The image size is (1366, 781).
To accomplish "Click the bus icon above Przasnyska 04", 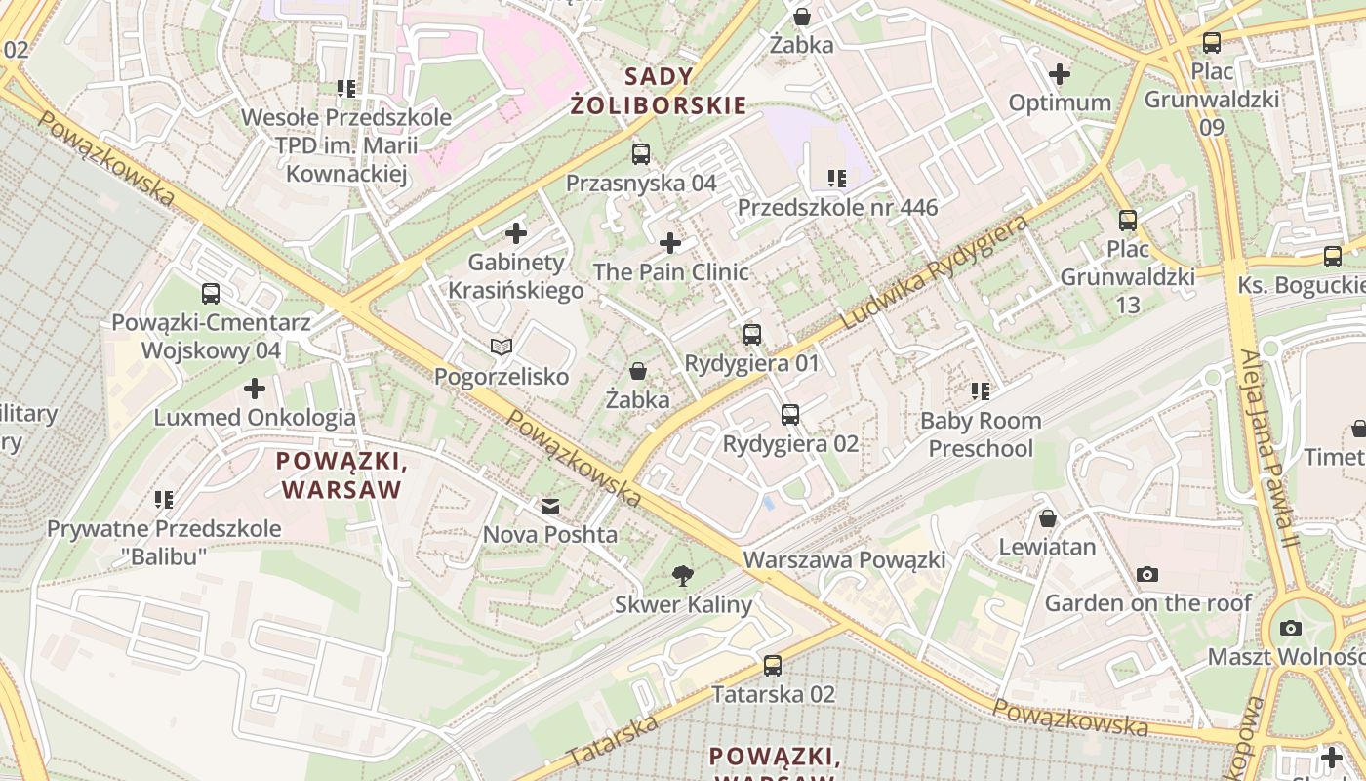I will click(641, 153).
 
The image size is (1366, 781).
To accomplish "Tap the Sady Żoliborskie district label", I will click(659, 91).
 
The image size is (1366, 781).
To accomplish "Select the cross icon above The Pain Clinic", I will click(670, 243).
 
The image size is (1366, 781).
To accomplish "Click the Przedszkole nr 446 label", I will click(837, 207).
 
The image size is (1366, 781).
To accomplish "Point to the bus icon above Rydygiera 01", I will click(752, 335).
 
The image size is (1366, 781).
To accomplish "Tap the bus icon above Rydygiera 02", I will click(790, 415).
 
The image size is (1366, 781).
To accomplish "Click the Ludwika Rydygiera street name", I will click(934, 273).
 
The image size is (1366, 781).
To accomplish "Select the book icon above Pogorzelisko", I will click(502, 348).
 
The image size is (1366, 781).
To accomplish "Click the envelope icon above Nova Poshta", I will click(550, 507).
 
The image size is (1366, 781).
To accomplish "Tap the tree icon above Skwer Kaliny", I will click(683, 576).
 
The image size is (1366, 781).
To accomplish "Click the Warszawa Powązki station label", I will click(844, 560).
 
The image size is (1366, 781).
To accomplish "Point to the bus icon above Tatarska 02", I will click(773, 666).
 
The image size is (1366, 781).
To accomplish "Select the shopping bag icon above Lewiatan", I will click(1048, 518).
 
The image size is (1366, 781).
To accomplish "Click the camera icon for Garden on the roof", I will click(1147, 575).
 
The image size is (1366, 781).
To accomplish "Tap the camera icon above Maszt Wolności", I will click(1291, 628).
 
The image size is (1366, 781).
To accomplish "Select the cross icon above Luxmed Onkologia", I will click(255, 390).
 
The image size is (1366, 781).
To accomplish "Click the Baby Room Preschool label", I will click(981, 434).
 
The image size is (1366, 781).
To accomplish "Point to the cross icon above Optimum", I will click(1059, 74).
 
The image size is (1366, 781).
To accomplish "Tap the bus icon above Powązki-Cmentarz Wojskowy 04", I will click(211, 294).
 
